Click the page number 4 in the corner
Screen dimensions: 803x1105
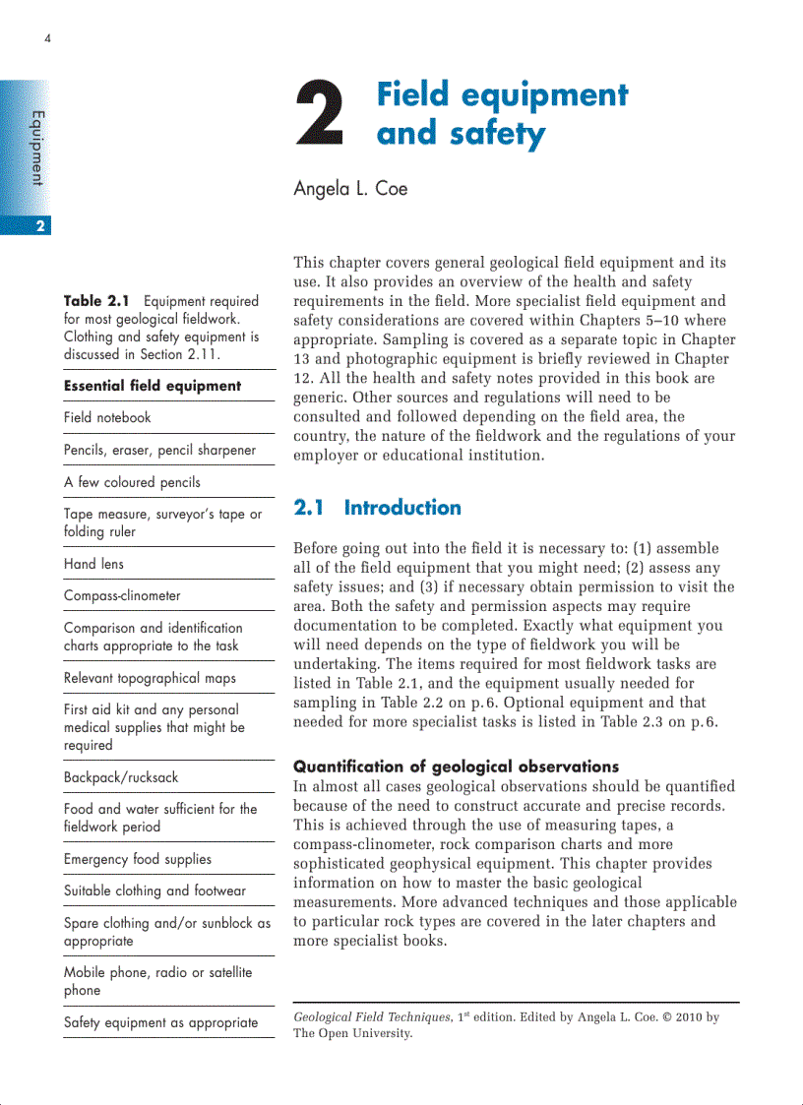(47, 39)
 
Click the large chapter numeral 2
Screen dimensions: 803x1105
(320, 116)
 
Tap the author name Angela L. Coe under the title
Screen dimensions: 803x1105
(350, 189)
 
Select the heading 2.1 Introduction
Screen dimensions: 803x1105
(378, 508)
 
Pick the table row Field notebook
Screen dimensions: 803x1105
(107, 417)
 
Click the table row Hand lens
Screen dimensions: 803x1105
(93, 564)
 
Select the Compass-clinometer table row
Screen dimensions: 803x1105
(122, 595)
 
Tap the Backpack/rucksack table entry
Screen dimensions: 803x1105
(121, 777)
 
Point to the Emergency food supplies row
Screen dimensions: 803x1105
(137, 859)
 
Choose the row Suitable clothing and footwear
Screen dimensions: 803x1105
(154, 890)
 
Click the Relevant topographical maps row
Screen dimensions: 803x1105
(150, 678)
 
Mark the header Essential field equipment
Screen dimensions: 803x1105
(152, 386)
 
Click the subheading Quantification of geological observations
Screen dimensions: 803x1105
(456, 767)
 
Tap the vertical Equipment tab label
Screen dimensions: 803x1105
(37, 149)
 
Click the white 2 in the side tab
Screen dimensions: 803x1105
(39, 226)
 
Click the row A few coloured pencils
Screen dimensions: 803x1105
(132, 482)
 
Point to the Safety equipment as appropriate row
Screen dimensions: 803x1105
(160, 1022)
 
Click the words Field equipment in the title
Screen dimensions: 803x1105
(502, 95)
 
